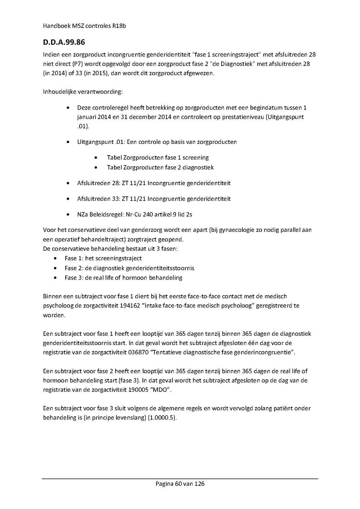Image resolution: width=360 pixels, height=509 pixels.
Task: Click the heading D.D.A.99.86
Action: [64, 42]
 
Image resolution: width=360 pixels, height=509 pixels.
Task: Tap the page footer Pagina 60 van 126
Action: [180, 484]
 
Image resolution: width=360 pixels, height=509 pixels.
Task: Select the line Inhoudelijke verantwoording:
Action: [83, 92]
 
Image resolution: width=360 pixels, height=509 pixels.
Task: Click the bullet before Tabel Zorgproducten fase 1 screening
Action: [97, 158]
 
